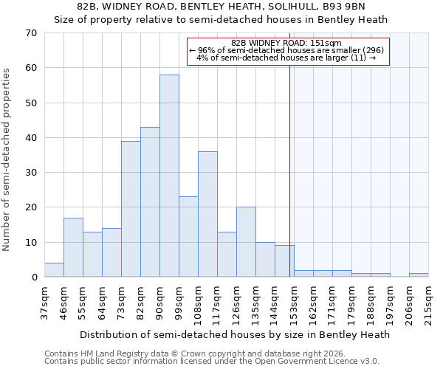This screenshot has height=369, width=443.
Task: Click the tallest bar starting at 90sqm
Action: click(169, 176)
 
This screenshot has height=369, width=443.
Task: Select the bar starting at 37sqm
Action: click(54, 270)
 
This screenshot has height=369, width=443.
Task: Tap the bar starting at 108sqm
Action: click(207, 214)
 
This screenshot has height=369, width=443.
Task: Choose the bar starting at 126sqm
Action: click(246, 242)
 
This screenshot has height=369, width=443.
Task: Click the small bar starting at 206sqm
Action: click(419, 275)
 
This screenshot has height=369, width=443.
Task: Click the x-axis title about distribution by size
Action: click(234, 334)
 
